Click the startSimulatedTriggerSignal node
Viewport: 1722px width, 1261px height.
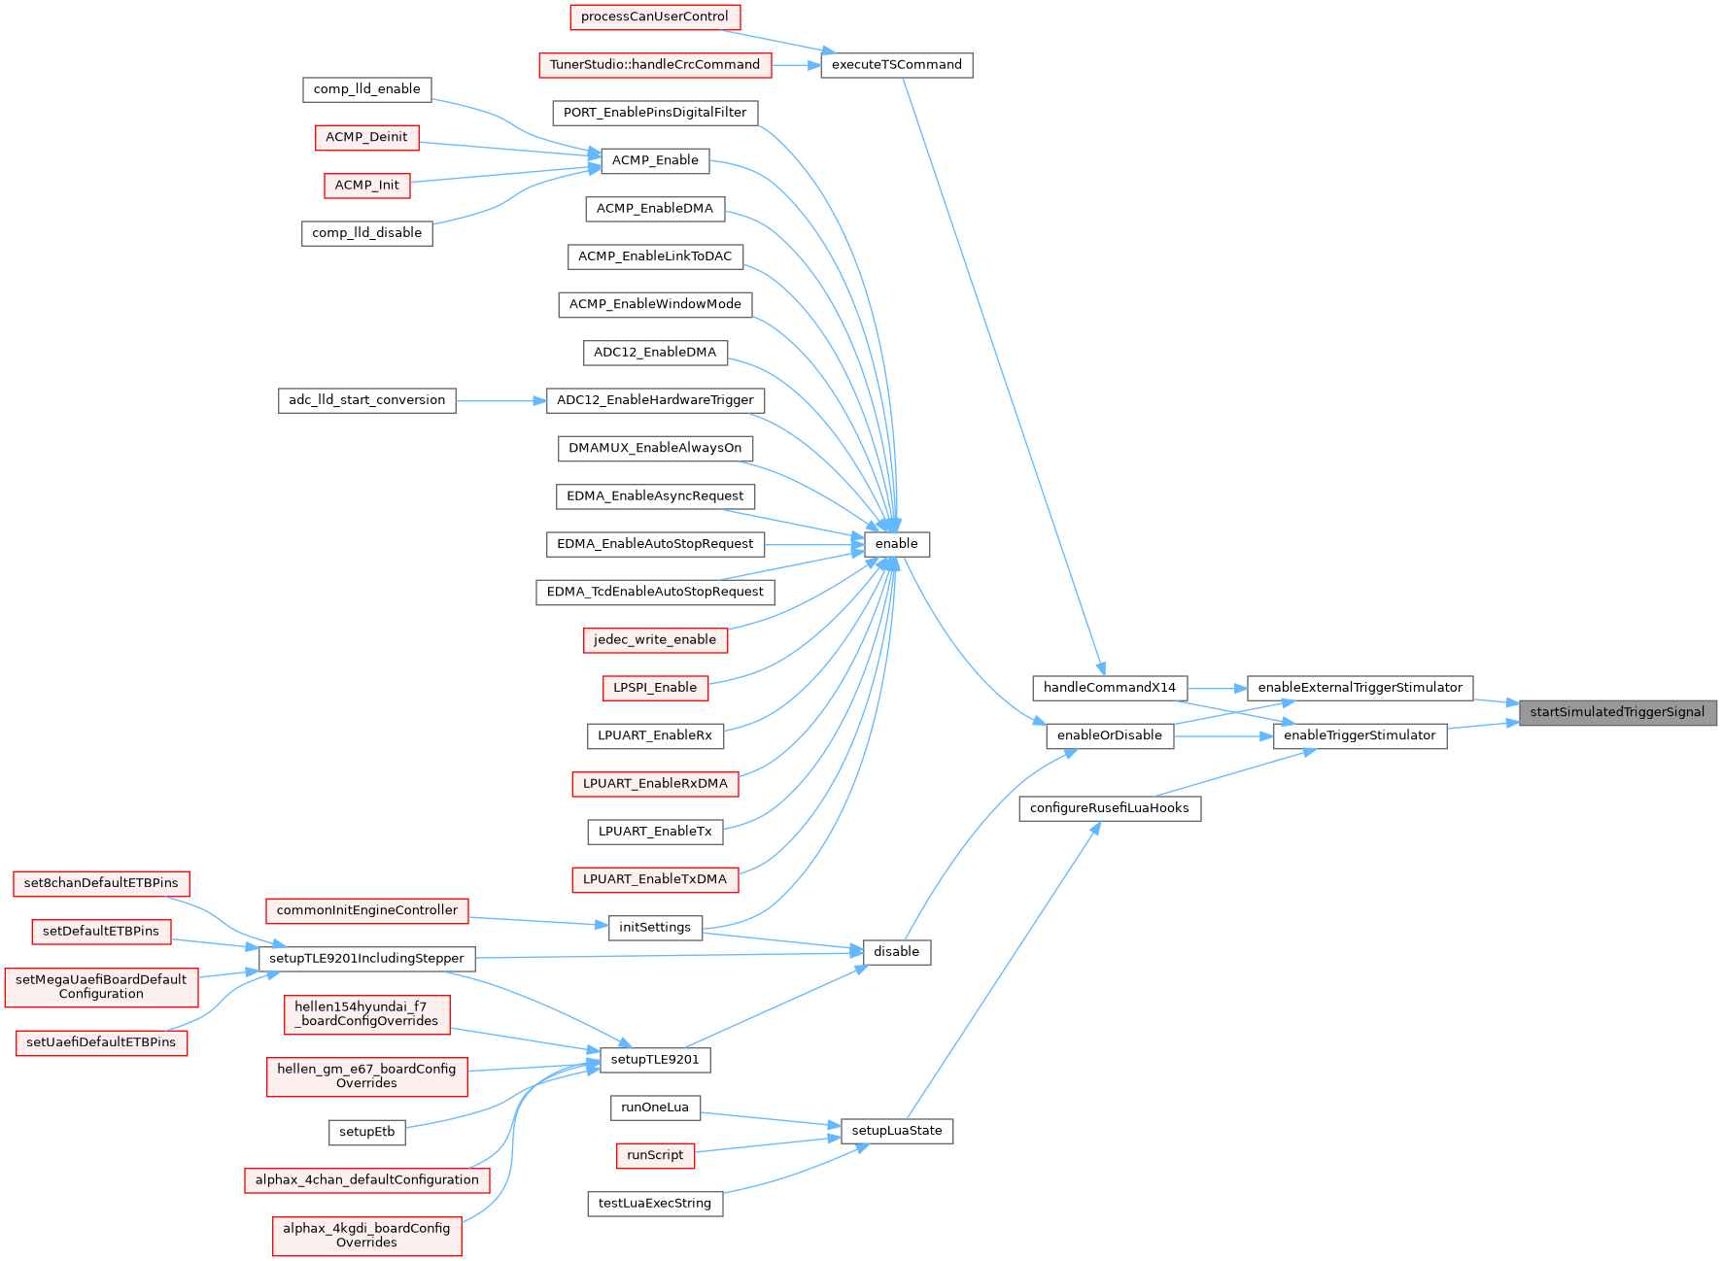point(1617,712)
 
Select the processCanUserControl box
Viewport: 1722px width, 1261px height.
point(654,17)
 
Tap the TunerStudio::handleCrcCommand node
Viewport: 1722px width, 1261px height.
point(655,65)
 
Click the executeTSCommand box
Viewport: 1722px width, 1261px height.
point(896,65)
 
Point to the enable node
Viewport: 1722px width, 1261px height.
point(896,544)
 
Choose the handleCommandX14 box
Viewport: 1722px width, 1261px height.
point(1109,688)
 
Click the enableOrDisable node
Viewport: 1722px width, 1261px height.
point(1109,735)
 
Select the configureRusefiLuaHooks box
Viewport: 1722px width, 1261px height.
point(1109,808)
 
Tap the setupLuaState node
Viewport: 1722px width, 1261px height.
point(896,1131)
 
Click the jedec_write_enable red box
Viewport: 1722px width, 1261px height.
point(654,640)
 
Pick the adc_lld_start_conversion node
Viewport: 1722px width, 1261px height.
point(366,400)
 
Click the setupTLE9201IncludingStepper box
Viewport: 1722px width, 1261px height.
point(366,959)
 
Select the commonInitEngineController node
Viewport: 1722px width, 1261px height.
point(366,910)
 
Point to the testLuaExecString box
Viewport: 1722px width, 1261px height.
point(654,1204)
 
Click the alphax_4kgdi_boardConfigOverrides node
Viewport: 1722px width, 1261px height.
point(366,1235)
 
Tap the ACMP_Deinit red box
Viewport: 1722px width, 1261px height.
point(366,137)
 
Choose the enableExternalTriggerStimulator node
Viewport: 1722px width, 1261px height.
point(1360,688)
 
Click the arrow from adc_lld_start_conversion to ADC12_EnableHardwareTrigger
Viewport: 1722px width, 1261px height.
point(500,400)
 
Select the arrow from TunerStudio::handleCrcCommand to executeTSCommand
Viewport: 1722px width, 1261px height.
point(797,65)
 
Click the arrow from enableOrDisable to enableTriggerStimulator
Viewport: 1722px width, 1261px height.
point(1223,736)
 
